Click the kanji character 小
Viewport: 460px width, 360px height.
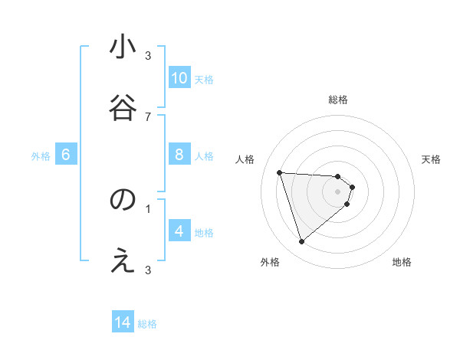[123, 47]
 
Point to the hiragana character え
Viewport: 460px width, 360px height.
[123, 261]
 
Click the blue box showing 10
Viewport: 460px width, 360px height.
[179, 77]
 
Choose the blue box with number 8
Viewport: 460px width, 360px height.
[179, 154]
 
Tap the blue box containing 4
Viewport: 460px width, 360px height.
[179, 231]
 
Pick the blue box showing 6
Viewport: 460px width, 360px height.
[66, 155]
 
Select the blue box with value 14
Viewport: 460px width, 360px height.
[123, 322]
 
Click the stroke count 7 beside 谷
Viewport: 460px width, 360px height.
[148, 116]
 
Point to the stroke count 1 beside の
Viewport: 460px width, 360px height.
[148, 208]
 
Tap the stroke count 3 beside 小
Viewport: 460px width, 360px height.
[148, 55]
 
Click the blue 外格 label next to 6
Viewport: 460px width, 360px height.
[41, 155]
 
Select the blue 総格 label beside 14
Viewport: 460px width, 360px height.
[147, 324]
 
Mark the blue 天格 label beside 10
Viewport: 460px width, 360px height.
[203, 79]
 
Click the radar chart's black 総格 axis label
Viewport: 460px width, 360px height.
[338, 100]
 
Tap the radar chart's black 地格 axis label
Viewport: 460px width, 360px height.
[402, 262]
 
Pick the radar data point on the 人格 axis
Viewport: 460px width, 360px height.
[280, 172]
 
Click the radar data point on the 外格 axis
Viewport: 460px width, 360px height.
[301, 242]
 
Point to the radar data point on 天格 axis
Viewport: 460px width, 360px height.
[353, 187]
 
